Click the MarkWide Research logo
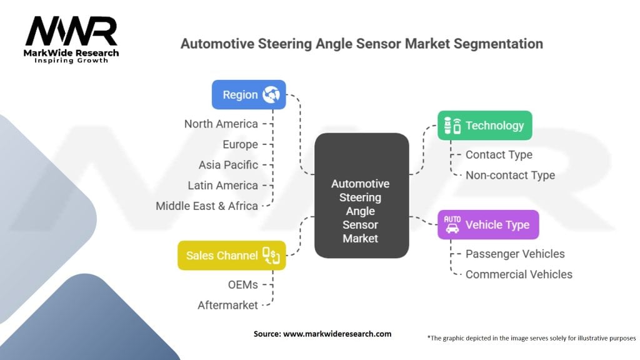[71, 39]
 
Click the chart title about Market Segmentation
[361, 44]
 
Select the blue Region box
[249, 95]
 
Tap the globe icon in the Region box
[271, 95]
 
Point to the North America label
[221, 124]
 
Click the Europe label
[240, 144]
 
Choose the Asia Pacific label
[228, 165]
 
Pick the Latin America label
[222, 186]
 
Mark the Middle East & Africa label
[206, 206]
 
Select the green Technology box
[484, 126]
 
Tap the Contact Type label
[499, 154]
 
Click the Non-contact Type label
[510, 175]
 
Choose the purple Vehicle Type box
[487, 225]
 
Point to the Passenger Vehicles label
[515, 254]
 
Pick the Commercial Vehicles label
[519, 274]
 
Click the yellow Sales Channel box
[232, 255]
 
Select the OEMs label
[242, 284]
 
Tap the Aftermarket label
[227, 305]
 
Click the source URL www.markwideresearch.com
[337, 334]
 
